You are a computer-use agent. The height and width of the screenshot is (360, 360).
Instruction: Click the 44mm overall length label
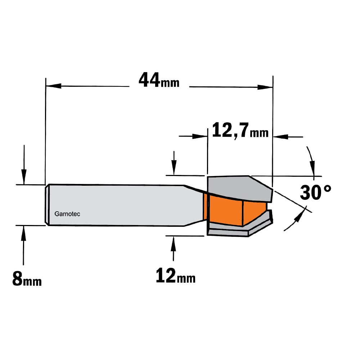tap(159, 80)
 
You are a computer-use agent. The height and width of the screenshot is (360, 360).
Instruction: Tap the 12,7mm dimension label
tap(240, 130)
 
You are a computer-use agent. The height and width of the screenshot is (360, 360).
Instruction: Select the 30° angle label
tap(315, 192)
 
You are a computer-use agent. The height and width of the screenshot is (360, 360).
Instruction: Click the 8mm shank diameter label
tap(27, 279)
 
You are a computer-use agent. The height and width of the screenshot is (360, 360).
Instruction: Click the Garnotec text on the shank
tap(67, 214)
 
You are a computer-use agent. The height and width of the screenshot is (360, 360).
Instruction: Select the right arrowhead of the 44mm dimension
tap(265, 87)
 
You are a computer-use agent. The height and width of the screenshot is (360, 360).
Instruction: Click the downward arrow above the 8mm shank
tap(24, 165)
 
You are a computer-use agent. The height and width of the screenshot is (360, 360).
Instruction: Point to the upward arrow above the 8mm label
tap(23, 245)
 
